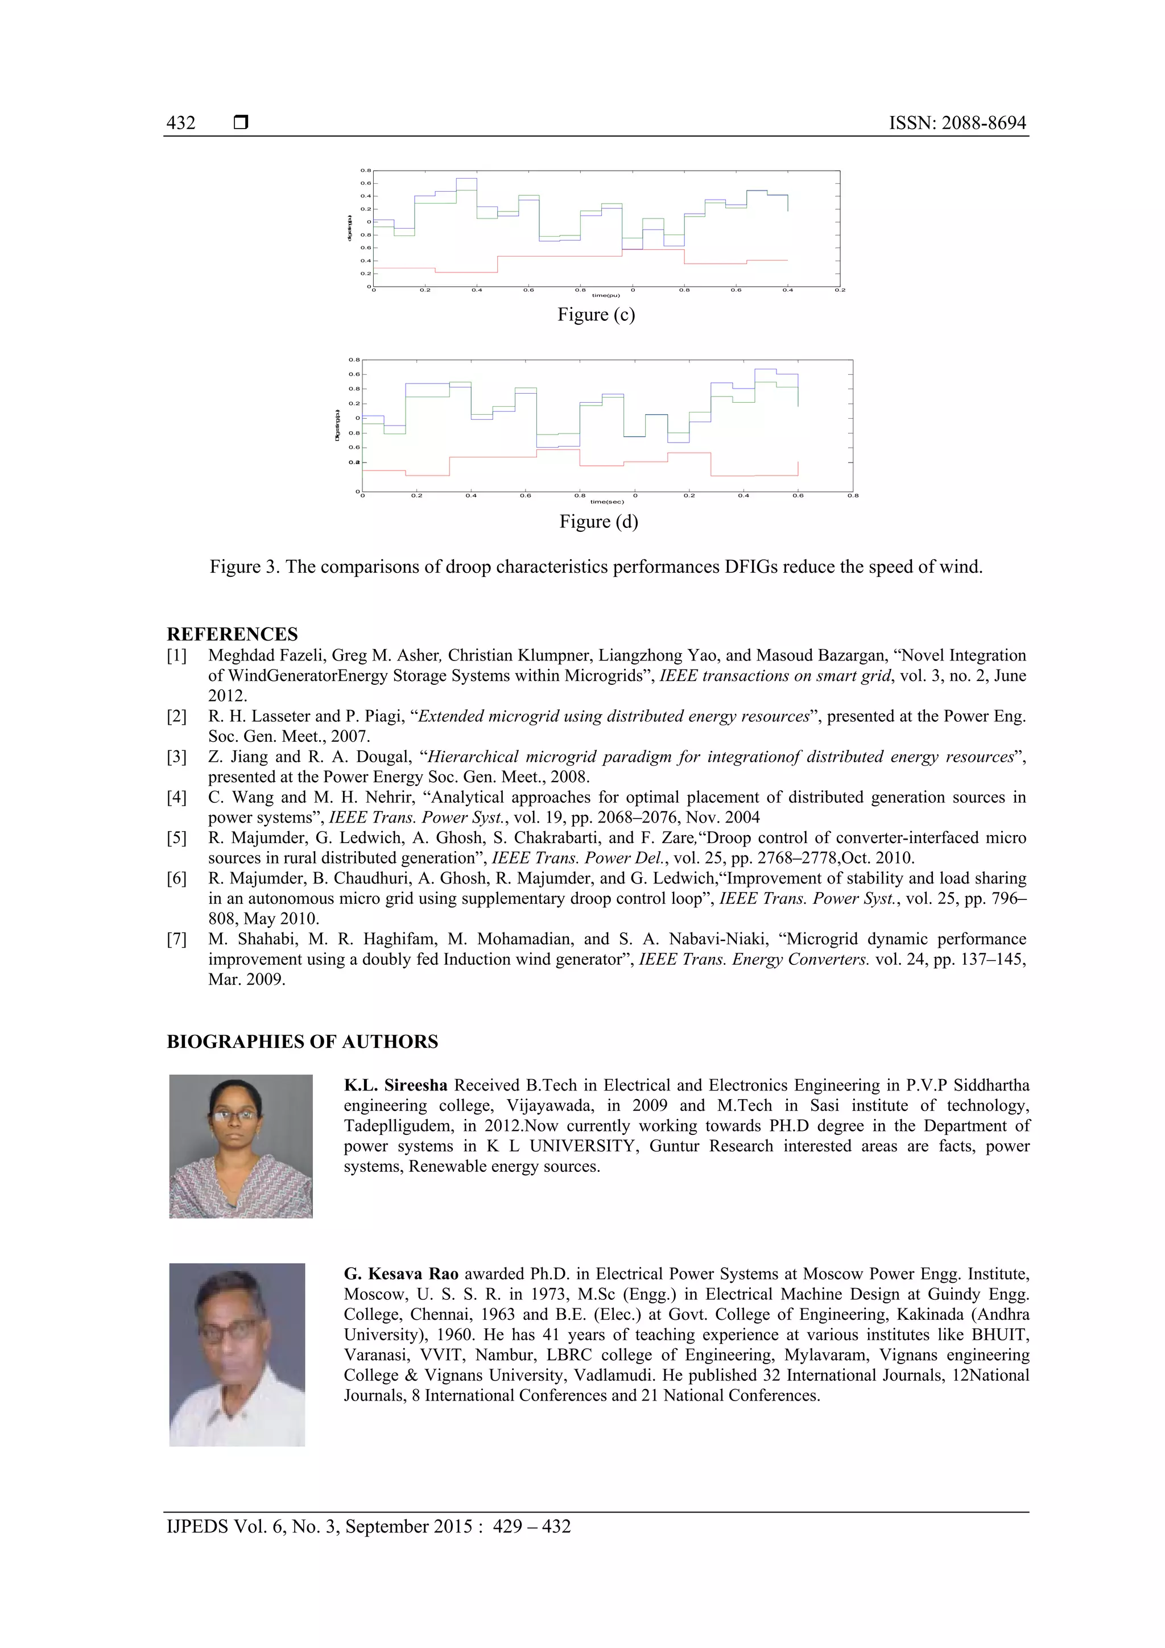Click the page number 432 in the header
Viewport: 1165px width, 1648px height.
point(181,123)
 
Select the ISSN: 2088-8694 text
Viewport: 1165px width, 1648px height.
point(957,123)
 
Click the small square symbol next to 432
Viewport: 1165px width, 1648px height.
point(241,123)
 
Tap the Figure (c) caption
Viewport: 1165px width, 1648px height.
point(596,315)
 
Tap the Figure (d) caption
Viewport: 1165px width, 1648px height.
point(598,521)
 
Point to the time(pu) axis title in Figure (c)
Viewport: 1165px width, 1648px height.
point(605,295)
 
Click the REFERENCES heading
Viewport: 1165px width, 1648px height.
point(232,634)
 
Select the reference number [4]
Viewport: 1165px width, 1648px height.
point(176,798)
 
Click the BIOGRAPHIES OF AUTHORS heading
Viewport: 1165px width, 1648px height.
point(302,1042)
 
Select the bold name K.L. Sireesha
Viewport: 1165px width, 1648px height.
point(395,1085)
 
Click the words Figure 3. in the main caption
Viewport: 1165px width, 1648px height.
point(244,567)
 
